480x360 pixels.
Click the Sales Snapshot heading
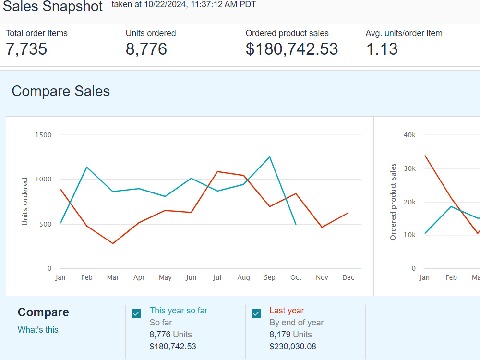(x=53, y=6)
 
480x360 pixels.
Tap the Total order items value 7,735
(x=26, y=49)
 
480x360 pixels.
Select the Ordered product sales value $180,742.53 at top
(x=292, y=49)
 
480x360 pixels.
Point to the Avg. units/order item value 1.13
(x=382, y=49)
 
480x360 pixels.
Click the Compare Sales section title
(x=60, y=91)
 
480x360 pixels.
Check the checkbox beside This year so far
(x=136, y=313)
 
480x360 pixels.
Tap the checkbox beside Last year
(x=256, y=313)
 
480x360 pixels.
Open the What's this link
(x=38, y=330)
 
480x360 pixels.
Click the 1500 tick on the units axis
(x=44, y=135)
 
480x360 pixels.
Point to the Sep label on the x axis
(x=269, y=277)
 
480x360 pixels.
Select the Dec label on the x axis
(x=348, y=277)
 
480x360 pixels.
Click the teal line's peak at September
(x=269, y=157)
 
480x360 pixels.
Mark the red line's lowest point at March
(x=113, y=243)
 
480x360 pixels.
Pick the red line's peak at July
(x=217, y=172)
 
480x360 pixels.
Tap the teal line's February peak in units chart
(x=87, y=167)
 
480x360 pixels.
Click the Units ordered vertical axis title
(x=25, y=202)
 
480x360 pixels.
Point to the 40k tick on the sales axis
(x=409, y=135)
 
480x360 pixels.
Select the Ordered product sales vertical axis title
(x=393, y=202)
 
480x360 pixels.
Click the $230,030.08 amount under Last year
(x=293, y=347)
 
